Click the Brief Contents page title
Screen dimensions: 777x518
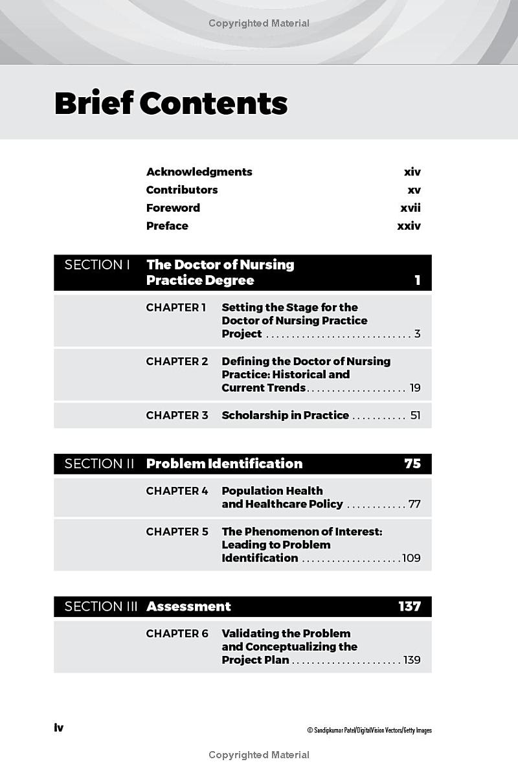pyautogui.click(x=171, y=104)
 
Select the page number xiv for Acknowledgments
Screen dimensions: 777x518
pyautogui.click(x=412, y=172)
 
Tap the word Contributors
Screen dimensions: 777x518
pyautogui.click(x=182, y=190)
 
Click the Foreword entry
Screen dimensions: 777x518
pyautogui.click(x=173, y=208)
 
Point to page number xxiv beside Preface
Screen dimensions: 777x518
pyautogui.click(x=409, y=226)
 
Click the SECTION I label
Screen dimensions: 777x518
pyautogui.click(x=97, y=265)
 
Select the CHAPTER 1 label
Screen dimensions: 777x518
pyautogui.click(x=176, y=308)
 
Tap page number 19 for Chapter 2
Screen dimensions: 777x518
pyautogui.click(x=415, y=388)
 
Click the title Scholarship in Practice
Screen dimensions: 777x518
pyautogui.click(x=285, y=415)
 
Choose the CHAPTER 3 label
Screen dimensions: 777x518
pyautogui.click(x=177, y=415)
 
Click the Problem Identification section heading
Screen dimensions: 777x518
pyautogui.click(x=224, y=464)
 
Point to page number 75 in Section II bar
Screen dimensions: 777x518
pyautogui.click(x=412, y=464)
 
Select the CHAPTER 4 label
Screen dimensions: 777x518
pyautogui.click(x=177, y=491)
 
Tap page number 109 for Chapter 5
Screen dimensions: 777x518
pyautogui.click(x=411, y=558)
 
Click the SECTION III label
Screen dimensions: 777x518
pyautogui.click(x=102, y=607)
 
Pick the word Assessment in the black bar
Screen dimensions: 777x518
pyautogui.click(x=188, y=607)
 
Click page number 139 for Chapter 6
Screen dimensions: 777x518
pyautogui.click(x=412, y=660)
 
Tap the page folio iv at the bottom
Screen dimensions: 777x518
pyautogui.click(x=59, y=728)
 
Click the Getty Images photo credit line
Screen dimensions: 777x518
pyautogui.click(x=369, y=730)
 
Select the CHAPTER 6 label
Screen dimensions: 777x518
pyautogui.click(x=177, y=634)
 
